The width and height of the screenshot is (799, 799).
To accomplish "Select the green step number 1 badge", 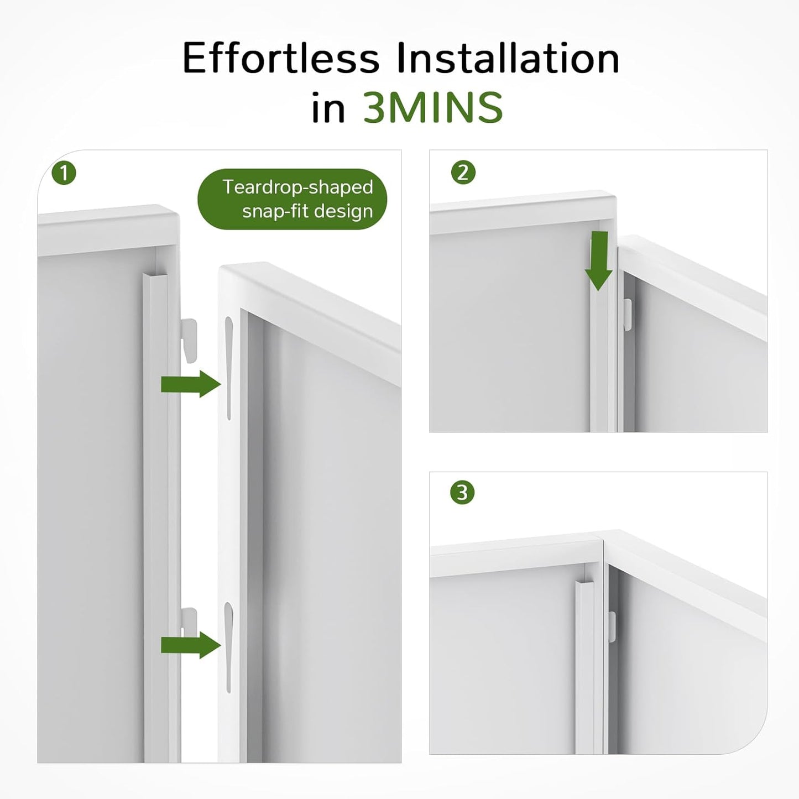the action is coord(64,173).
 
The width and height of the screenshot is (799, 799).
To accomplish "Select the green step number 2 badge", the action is coord(463,173).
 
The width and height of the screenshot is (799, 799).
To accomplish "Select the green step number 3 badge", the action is coord(462,493).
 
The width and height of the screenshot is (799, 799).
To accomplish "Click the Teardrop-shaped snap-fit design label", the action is coord(293,199).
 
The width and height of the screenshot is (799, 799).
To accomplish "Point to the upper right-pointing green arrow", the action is coord(191,384).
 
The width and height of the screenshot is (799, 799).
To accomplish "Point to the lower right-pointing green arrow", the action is coord(191,645).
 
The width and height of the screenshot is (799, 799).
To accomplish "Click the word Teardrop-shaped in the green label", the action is coord(297,187).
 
